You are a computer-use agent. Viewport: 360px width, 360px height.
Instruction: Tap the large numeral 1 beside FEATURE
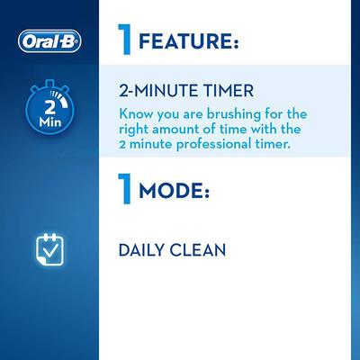click(127, 40)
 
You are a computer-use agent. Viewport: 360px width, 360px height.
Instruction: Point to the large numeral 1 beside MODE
click(127, 191)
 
